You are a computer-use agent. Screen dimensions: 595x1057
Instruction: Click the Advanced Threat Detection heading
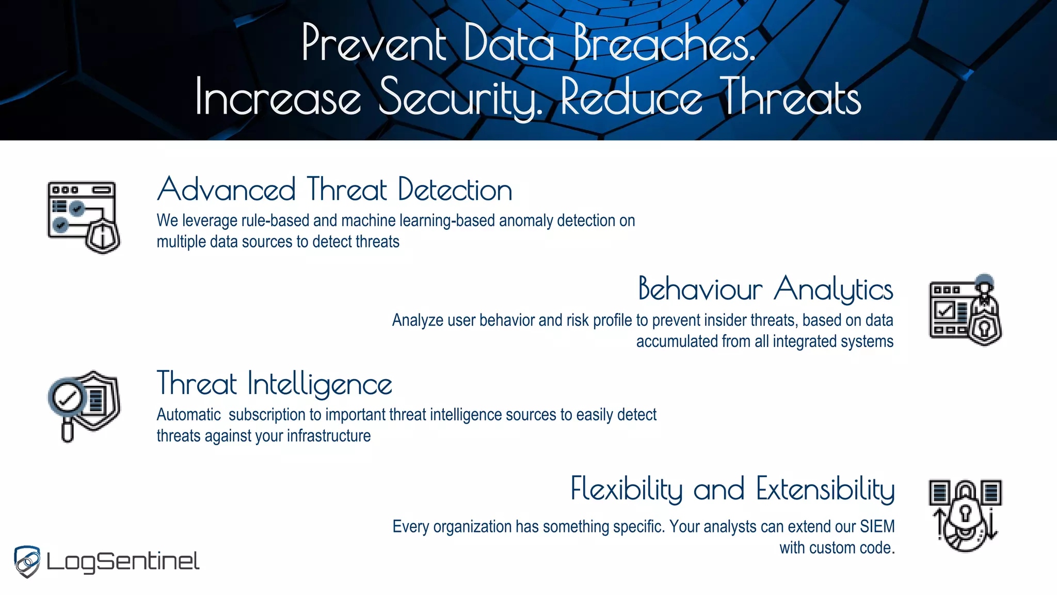tap(334, 190)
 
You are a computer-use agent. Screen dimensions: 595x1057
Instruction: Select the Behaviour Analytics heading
tap(765, 289)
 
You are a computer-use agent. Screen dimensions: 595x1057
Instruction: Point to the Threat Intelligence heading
tap(274, 384)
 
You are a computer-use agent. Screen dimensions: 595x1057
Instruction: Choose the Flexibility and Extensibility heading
tap(732, 489)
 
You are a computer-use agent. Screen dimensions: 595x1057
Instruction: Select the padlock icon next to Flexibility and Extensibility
tap(966, 514)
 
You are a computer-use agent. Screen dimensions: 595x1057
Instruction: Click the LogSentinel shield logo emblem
tap(27, 561)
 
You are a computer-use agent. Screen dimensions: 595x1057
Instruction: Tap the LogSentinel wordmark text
tap(123, 562)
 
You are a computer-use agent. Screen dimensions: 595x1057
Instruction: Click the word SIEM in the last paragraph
tap(877, 526)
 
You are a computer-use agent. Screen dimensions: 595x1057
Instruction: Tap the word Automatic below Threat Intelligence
tap(188, 415)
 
